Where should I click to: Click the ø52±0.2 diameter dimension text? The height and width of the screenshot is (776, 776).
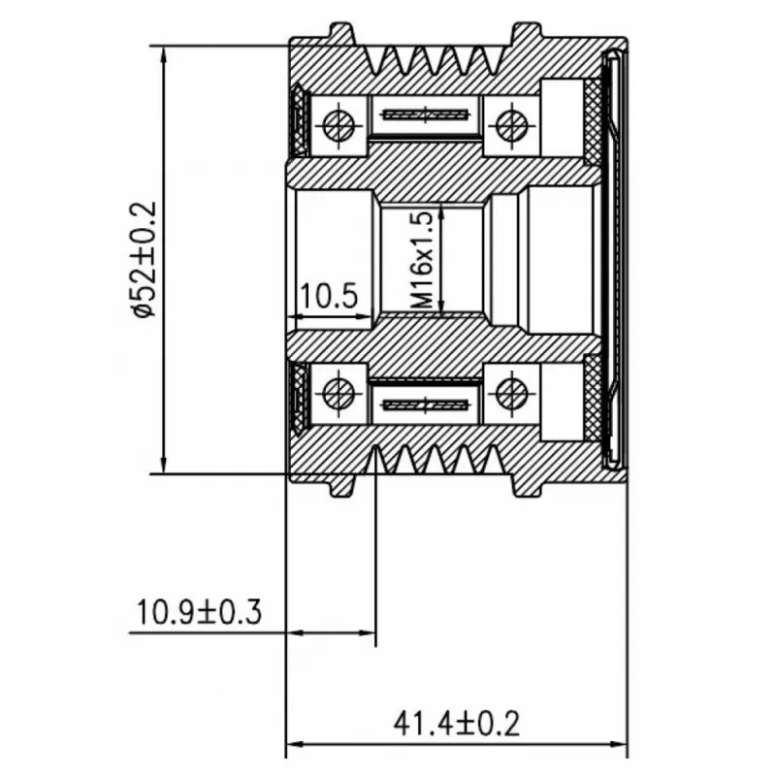point(143,259)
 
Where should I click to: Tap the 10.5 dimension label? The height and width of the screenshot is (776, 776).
point(328,297)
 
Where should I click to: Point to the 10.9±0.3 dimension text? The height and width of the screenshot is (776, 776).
point(199,612)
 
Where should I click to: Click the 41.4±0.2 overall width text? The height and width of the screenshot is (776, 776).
point(456,724)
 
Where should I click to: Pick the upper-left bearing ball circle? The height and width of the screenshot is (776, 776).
point(339,125)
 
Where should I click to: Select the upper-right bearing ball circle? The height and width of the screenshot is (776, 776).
point(511,125)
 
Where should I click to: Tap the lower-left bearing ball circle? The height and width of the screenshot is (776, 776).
point(339,394)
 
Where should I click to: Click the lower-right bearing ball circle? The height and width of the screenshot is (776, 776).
point(511,394)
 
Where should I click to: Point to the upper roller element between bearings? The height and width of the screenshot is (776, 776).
point(426,115)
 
